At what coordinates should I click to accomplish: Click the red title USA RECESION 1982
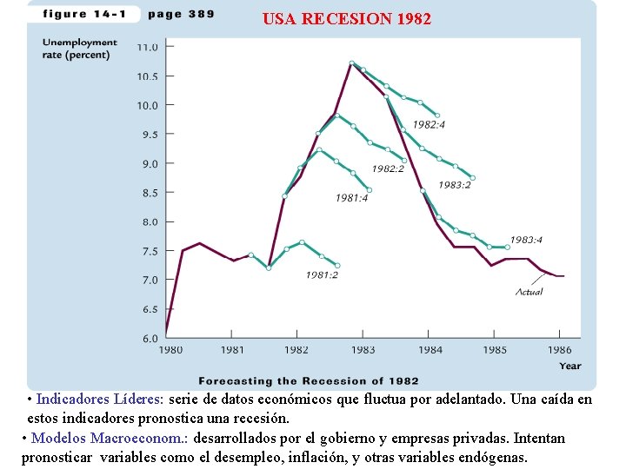pos(346,18)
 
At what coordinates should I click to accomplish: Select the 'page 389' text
pos(181,14)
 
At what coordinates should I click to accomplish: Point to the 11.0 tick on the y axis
pos(148,47)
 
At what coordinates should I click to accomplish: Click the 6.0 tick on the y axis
pos(150,338)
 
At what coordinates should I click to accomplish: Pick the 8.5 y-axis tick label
pos(150,193)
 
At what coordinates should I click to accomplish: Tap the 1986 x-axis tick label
pos(561,350)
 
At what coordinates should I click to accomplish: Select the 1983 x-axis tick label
pos(363,350)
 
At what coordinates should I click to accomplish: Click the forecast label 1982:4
pos(429,125)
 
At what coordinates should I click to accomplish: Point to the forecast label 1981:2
pos(322,275)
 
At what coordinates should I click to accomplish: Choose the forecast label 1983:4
pos(526,240)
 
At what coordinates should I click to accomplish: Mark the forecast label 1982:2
pos(388,168)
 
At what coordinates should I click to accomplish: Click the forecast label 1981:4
pos(351,199)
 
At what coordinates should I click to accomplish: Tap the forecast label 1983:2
pos(455,184)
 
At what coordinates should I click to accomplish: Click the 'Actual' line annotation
pos(529,292)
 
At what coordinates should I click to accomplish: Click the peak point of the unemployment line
pos(351,63)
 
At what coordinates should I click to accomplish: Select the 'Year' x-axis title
pos(569,366)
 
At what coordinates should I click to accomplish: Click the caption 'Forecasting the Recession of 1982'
pos(309,380)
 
